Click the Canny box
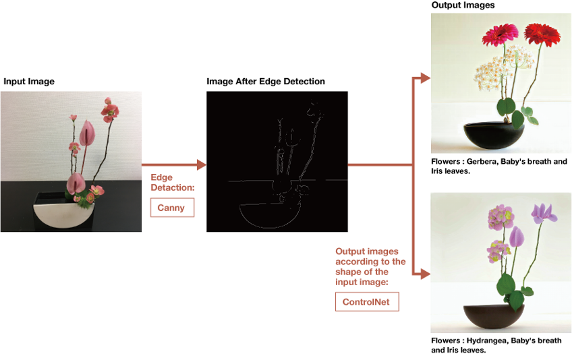point(172,208)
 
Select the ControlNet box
point(367,301)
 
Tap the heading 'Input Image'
point(29,82)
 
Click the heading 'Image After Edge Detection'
point(266,82)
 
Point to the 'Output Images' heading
point(463,5)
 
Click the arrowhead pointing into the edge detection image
point(202,165)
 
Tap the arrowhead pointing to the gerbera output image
point(426,78)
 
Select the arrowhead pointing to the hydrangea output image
point(426,274)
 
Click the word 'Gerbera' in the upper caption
point(482,162)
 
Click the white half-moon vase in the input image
point(64,216)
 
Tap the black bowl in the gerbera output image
point(494,136)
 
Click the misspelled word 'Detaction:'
point(173,187)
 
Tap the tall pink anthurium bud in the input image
point(87,133)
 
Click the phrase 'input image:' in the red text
point(362,282)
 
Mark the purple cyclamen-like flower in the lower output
point(544,213)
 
